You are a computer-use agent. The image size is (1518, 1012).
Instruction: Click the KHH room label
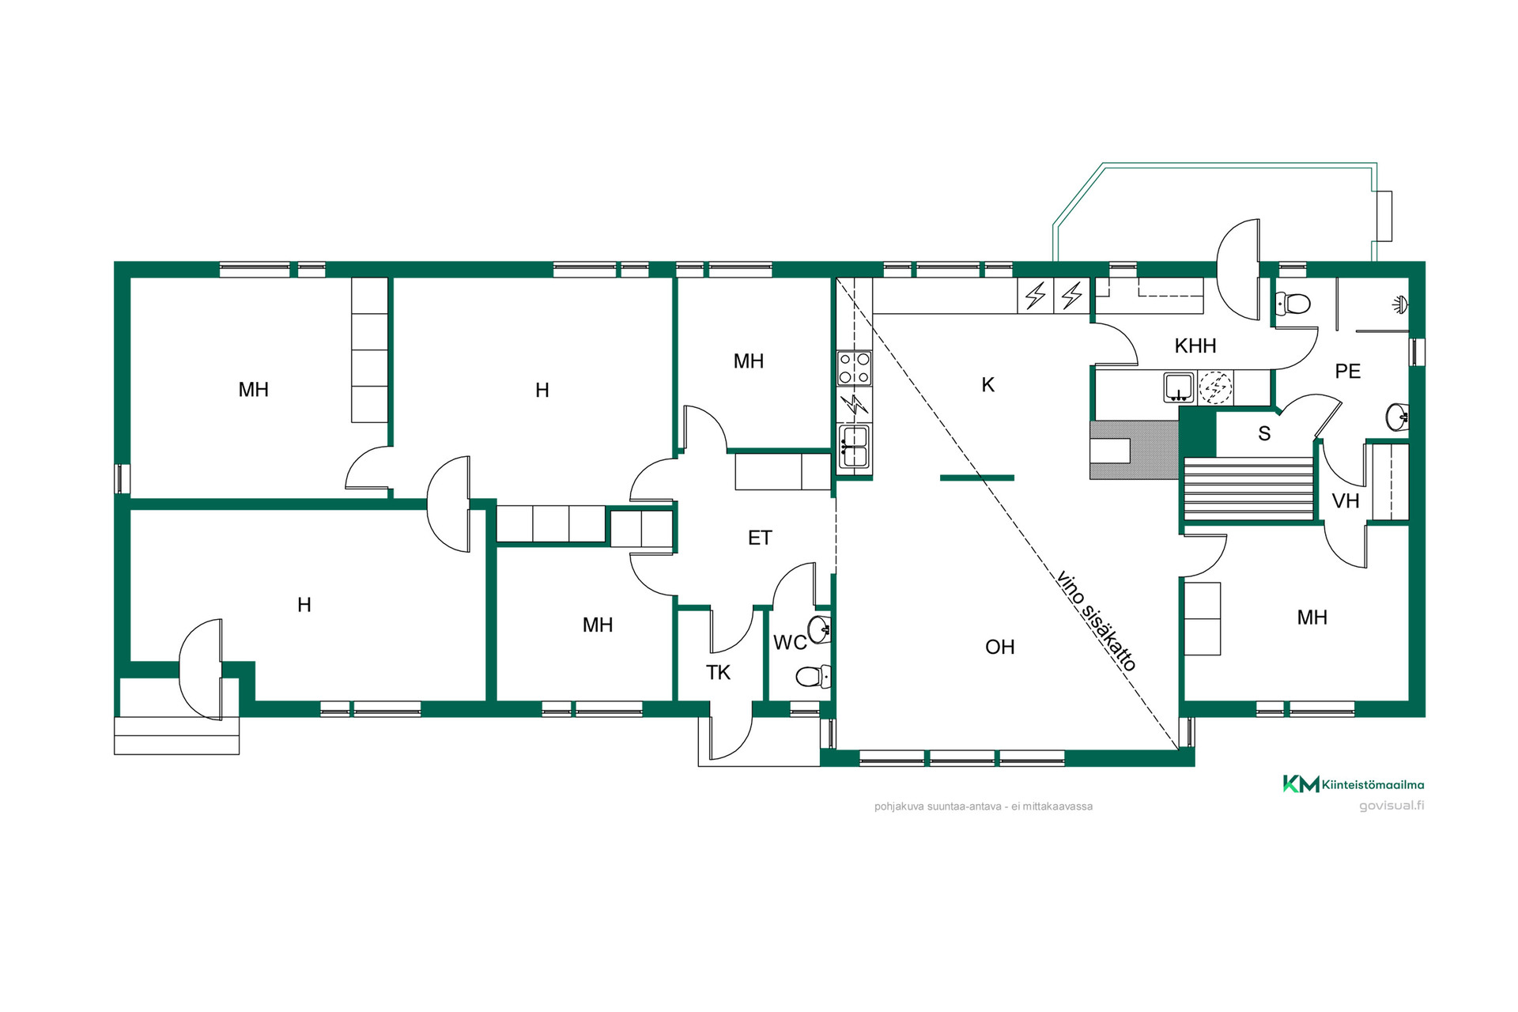click(1195, 346)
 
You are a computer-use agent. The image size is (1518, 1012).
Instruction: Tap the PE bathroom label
click(1347, 371)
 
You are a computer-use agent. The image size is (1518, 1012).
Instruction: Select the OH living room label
click(999, 647)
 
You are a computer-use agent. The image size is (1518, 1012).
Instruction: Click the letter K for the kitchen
click(987, 385)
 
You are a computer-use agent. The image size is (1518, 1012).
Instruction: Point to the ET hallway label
click(760, 538)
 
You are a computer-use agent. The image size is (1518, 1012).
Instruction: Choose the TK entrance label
click(718, 672)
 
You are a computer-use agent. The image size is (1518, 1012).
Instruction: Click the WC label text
click(790, 642)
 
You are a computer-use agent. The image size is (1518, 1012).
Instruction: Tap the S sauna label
click(1264, 433)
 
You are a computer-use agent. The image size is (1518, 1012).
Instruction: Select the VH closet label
click(1346, 500)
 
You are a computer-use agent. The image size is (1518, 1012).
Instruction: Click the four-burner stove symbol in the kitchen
click(854, 368)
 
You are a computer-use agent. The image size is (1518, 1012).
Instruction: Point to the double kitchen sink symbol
click(854, 447)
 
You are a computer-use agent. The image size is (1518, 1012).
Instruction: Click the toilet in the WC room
click(813, 676)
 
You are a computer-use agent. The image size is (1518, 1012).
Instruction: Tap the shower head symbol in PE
click(1400, 304)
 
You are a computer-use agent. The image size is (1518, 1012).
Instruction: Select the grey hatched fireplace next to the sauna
click(1134, 450)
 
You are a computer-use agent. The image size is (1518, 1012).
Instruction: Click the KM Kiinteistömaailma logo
click(1353, 784)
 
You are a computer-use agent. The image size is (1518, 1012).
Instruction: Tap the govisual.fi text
click(1391, 806)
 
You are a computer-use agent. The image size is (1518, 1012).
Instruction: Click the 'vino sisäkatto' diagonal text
click(1097, 621)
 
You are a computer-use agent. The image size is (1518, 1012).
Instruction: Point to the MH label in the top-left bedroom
click(254, 390)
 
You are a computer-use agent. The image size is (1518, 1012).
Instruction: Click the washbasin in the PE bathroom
click(1397, 417)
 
